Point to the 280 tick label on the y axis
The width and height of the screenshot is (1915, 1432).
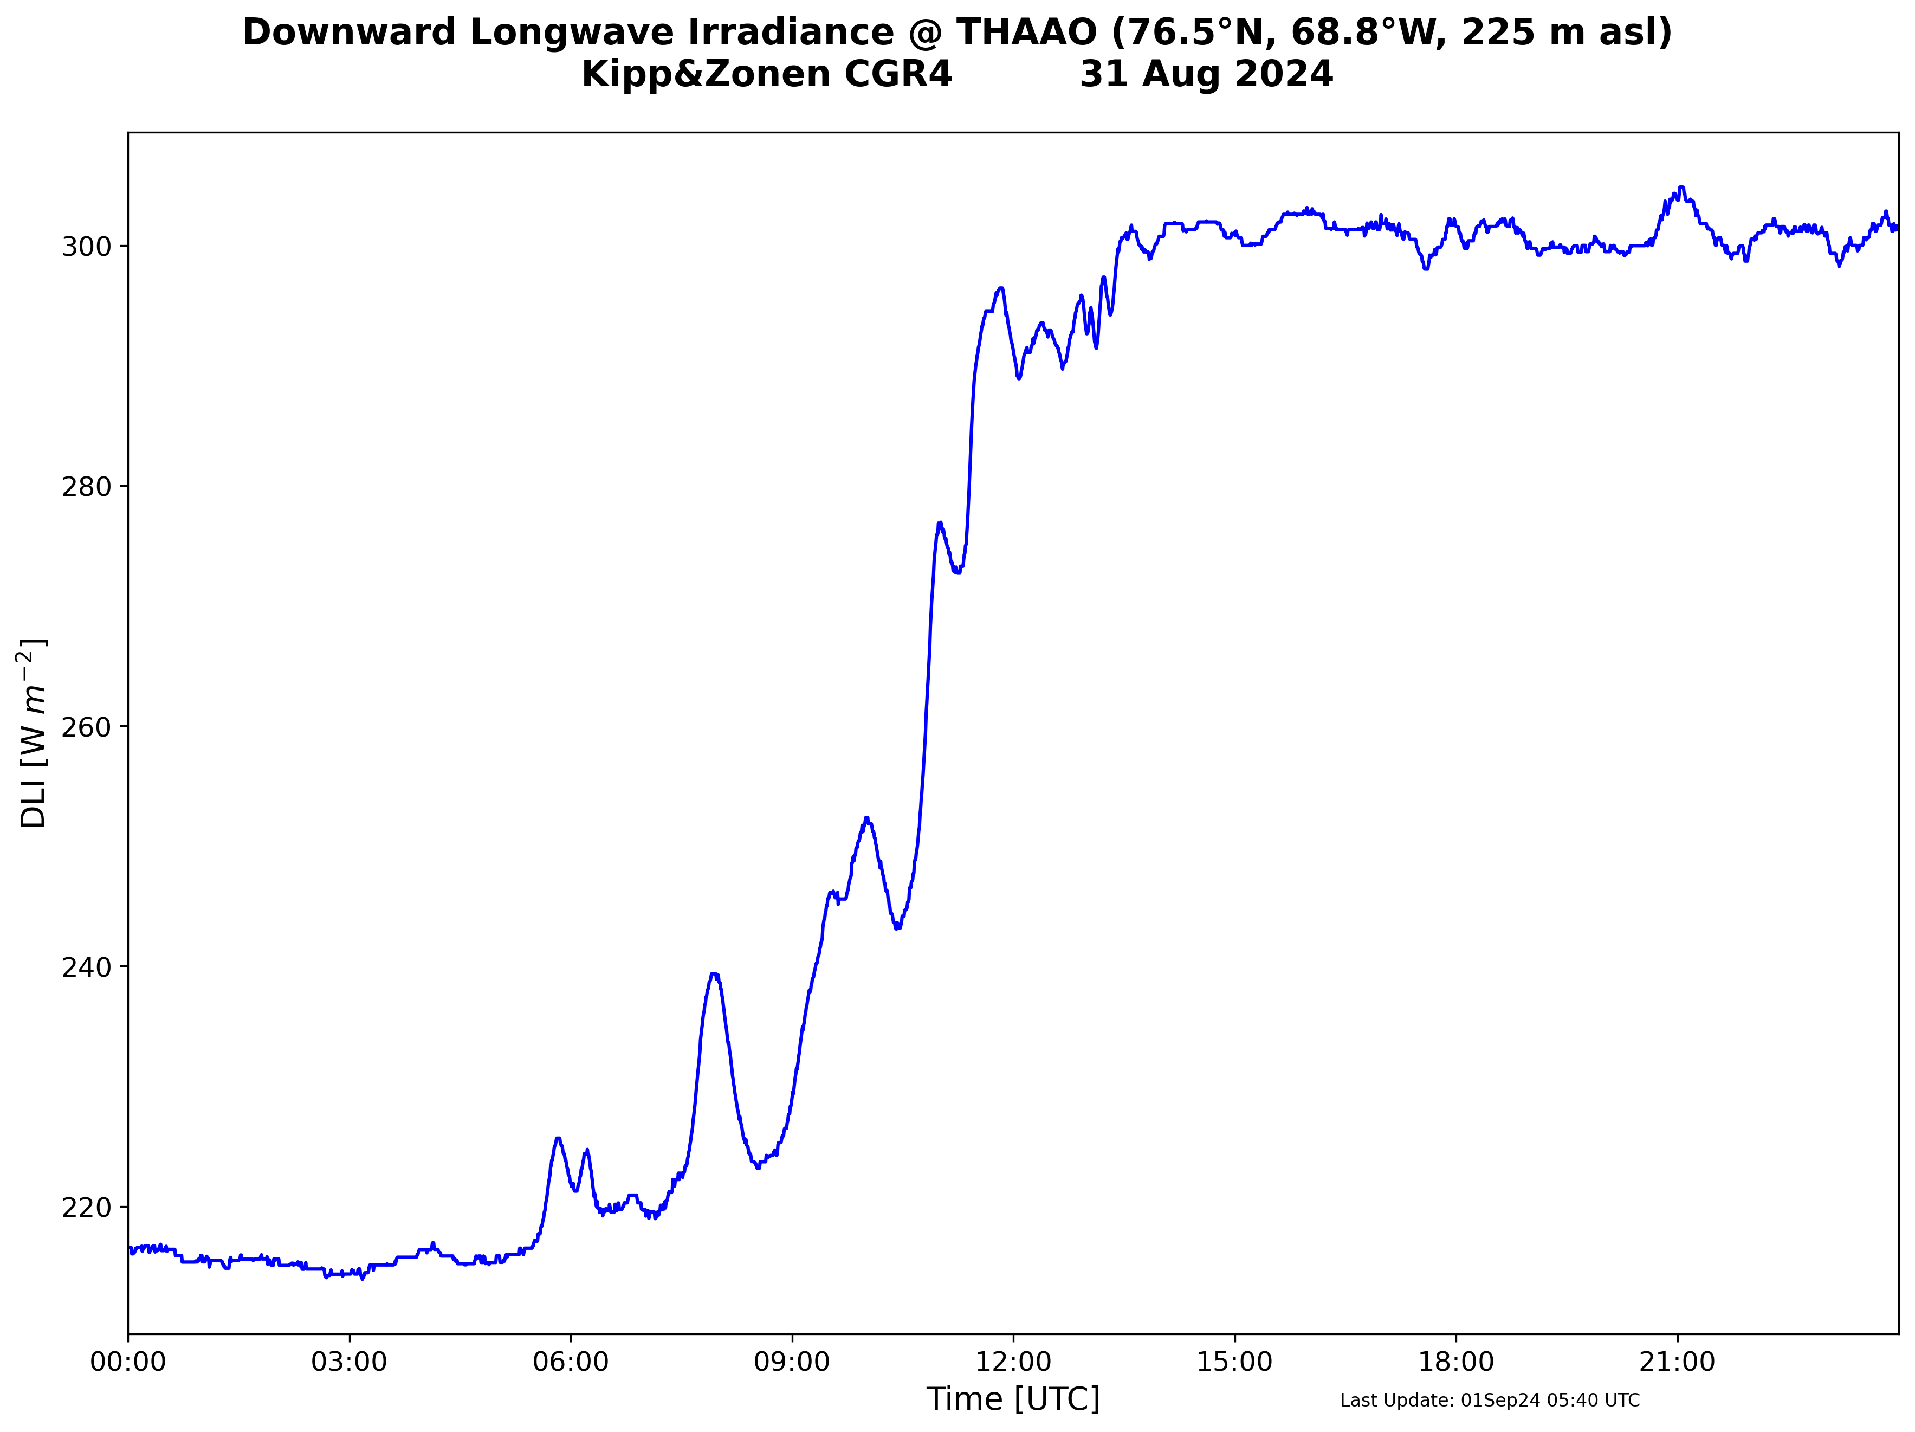(x=87, y=487)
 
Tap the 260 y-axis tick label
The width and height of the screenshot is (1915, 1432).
(x=87, y=727)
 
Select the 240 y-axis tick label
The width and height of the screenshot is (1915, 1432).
(x=87, y=967)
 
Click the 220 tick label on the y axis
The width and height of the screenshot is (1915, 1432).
(x=87, y=1208)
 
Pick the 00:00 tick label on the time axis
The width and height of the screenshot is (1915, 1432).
(x=128, y=1362)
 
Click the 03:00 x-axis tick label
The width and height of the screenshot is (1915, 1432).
(x=349, y=1362)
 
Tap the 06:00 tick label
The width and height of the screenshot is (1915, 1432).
(x=571, y=1362)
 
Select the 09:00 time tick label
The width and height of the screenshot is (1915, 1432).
(x=792, y=1362)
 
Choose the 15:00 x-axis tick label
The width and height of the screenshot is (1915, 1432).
(x=1234, y=1362)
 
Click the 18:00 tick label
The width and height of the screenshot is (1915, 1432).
(x=1456, y=1362)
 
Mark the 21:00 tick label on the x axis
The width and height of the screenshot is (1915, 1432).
(x=1677, y=1362)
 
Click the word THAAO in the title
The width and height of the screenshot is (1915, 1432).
(x=1027, y=33)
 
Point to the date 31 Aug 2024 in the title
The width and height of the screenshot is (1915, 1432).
(x=1206, y=74)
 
